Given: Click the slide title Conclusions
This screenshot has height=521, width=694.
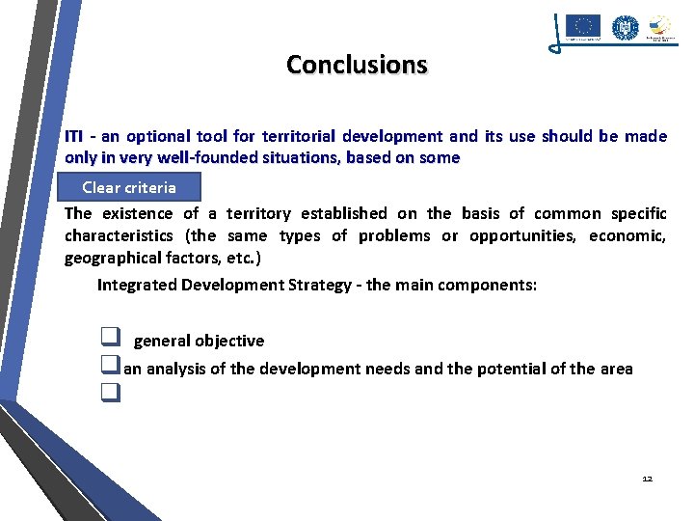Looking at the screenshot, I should tap(357, 65).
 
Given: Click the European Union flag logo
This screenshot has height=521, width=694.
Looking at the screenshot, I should tap(582, 27).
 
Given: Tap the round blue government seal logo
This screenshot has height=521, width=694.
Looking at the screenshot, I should tap(625, 27).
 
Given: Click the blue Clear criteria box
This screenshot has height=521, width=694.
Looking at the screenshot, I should tap(129, 187).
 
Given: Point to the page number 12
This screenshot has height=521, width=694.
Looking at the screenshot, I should tap(647, 479).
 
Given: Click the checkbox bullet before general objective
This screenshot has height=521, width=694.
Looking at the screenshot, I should tap(109, 339).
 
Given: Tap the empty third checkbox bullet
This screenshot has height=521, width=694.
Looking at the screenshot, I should tap(109, 393).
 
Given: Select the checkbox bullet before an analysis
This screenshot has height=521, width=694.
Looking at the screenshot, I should tap(109, 367).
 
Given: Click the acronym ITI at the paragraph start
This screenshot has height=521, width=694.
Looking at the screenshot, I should tap(74, 137).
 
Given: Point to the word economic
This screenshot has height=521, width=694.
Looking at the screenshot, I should tap(627, 236).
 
